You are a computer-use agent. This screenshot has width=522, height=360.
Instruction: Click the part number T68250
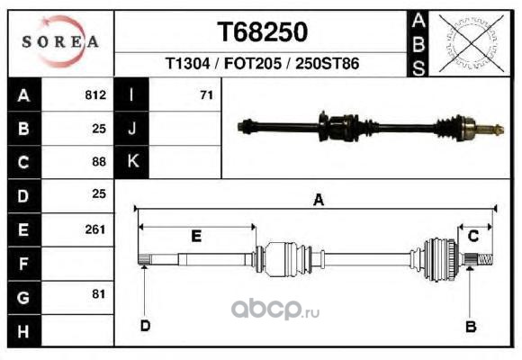(x=262, y=32)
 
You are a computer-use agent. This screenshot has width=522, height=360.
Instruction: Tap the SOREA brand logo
(x=60, y=41)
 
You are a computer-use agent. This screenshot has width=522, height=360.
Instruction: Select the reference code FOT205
(x=253, y=63)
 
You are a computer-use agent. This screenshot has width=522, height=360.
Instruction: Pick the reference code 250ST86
(x=328, y=63)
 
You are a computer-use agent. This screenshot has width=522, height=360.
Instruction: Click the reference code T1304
(x=188, y=63)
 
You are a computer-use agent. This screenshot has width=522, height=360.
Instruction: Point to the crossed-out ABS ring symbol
(x=471, y=43)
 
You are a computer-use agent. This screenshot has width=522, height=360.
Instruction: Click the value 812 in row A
(x=95, y=94)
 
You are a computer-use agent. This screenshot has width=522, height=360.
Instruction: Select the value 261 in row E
(x=95, y=229)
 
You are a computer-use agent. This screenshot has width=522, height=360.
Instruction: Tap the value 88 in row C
(x=99, y=162)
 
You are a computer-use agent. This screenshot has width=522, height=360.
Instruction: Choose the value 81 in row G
(x=98, y=294)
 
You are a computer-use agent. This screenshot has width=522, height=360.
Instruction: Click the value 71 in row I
(x=206, y=95)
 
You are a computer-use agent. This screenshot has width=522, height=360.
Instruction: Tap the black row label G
(x=23, y=298)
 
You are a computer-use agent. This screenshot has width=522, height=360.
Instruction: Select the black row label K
(x=132, y=161)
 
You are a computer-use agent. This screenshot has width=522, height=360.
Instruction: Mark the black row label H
(x=23, y=331)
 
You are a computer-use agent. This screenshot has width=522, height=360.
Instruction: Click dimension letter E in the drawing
(x=196, y=236)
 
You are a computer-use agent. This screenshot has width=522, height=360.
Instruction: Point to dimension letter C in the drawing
(x=473, y=236)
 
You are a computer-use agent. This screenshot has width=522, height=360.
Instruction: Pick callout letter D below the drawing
(x=146, y=326)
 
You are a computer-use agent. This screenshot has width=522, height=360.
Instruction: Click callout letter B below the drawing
(x=471, y=327)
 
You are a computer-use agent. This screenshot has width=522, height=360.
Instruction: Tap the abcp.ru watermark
(x=275, y=310)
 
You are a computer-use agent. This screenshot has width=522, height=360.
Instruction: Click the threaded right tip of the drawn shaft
(x=485, y=259)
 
